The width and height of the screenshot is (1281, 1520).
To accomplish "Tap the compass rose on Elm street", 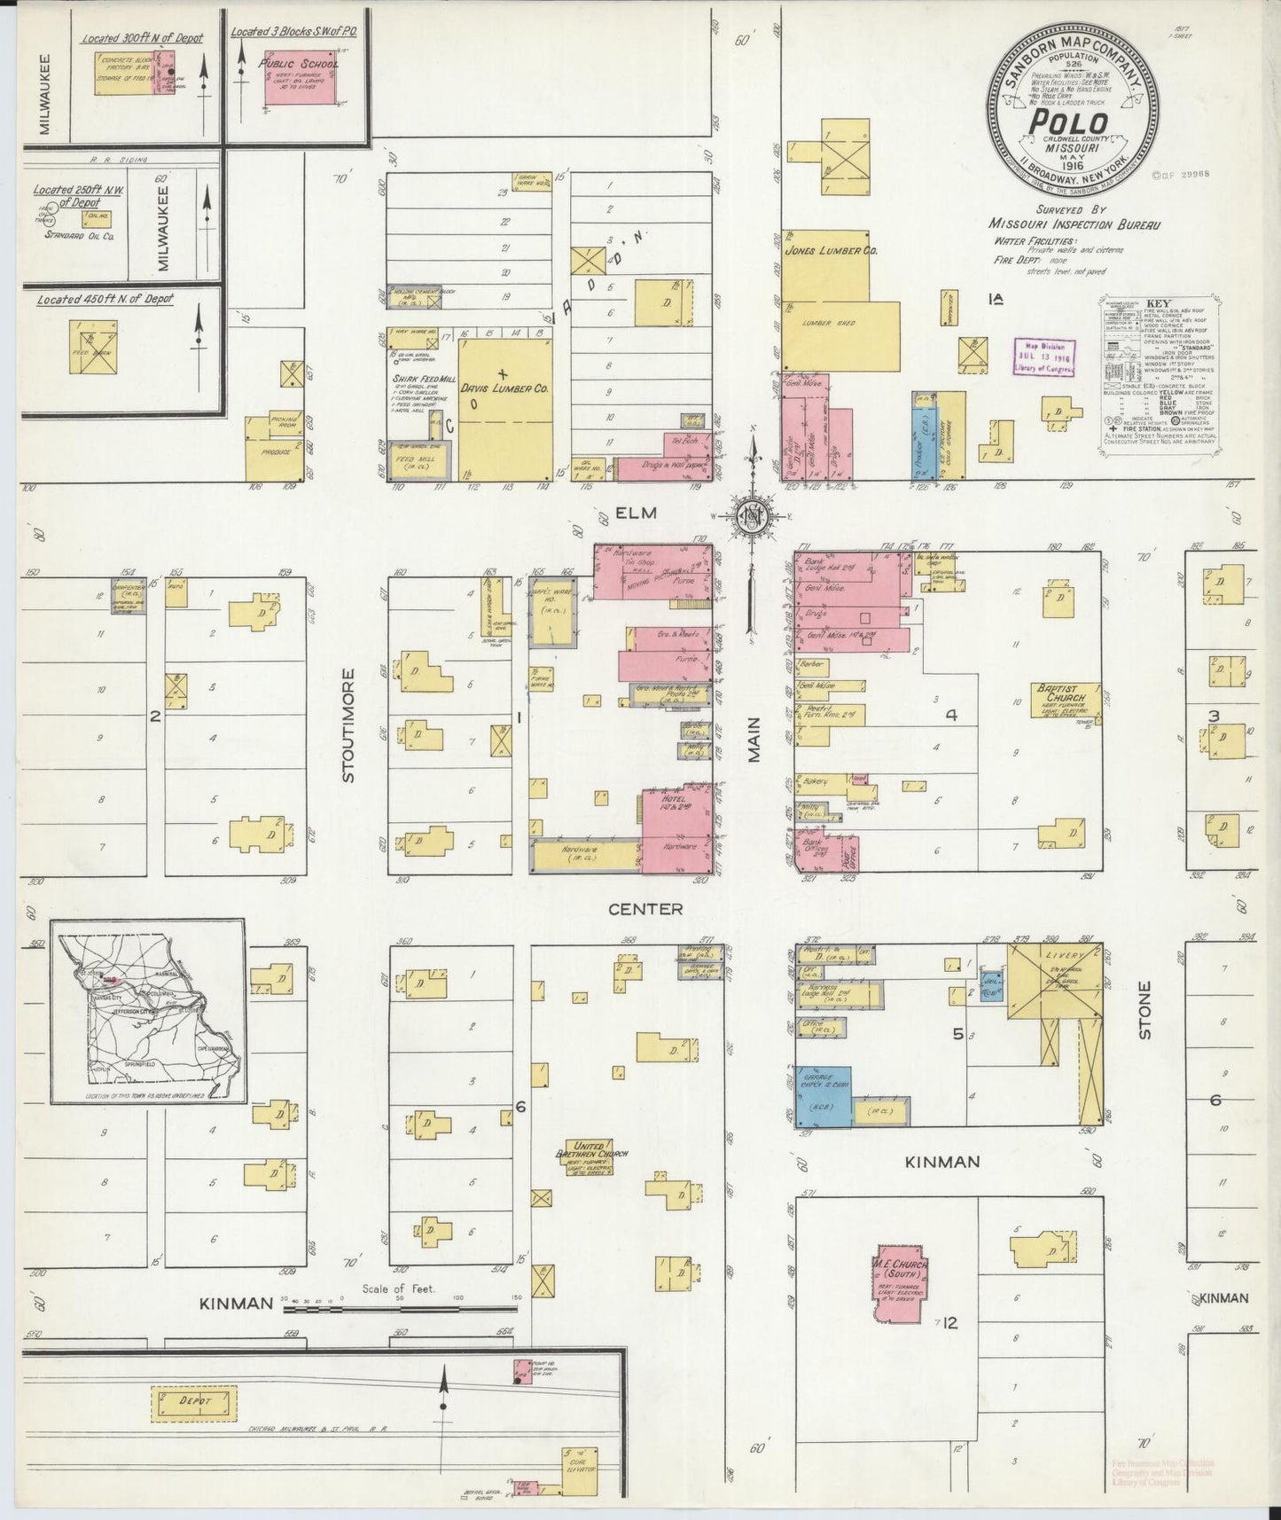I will [x=753, y=516].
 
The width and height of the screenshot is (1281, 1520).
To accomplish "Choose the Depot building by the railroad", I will [x=195, y=1400].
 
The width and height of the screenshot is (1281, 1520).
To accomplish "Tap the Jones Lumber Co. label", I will [x=831, y=252].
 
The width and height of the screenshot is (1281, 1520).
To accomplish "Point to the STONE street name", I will [x=1144, y=1009].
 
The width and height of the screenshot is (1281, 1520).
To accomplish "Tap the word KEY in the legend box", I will [x=1158, y=303].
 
